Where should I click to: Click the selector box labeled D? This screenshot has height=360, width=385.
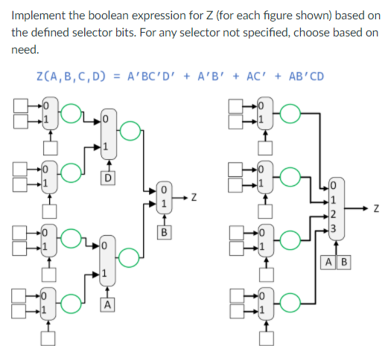tap(108, 177)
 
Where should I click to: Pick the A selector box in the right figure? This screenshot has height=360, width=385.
tap(330, 262)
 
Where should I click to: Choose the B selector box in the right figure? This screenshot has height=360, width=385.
tap(344, 262)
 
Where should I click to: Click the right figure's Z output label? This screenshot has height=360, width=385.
tap(377, 208)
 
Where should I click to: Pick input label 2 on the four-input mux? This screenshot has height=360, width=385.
tap(334, 214)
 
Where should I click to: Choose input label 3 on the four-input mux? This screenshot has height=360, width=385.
tap(334, 228)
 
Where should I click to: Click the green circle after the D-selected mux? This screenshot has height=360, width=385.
tap(130, 131)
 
